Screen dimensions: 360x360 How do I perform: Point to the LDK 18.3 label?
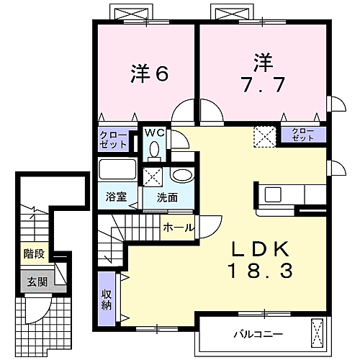[x=260, y=260]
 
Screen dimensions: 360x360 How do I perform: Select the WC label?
[x=154, y=132]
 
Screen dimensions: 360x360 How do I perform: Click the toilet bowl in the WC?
[x=154, y=149]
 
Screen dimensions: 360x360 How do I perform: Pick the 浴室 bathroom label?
[x=117, y=196]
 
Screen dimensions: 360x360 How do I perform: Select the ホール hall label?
[x=178, y=228]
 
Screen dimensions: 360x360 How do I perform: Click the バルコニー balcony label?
[x=257, y=334]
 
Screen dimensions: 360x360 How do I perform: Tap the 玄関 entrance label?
[x=35, y=282]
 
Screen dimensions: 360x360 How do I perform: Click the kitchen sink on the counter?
[x=274, y=194]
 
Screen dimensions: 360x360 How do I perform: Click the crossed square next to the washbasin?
[x=153, y=176]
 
